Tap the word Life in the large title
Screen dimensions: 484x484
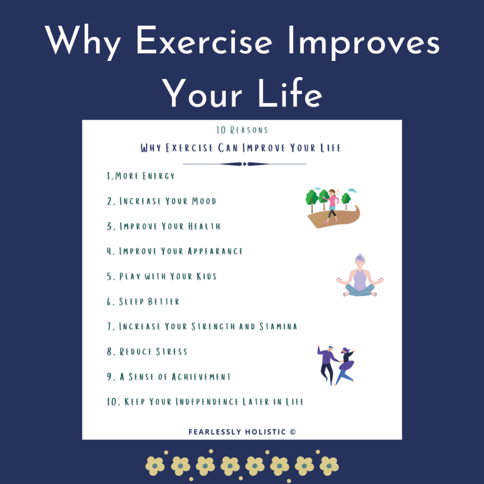pos(290,93)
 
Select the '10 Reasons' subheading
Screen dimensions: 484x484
pos(242,130)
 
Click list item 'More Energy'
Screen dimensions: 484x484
pos(140,176)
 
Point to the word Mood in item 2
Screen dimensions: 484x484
pos(204,201)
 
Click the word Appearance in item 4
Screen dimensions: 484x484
pos(215,251)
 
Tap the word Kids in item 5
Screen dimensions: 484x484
pos(207,276)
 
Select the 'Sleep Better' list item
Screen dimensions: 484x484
pos(143,302)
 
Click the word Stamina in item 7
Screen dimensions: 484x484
pos(278,327)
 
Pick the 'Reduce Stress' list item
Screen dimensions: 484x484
pos(147,352)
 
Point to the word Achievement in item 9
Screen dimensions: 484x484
pos(201,377)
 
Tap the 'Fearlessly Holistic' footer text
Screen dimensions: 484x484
pos(237,432)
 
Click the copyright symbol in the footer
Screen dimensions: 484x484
pos(293,432)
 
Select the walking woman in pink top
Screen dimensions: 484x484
pos(332,206)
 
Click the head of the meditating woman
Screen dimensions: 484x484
pos(360,261)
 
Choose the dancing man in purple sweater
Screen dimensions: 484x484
pos(327,364)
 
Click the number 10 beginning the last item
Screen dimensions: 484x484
pos(111,402)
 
